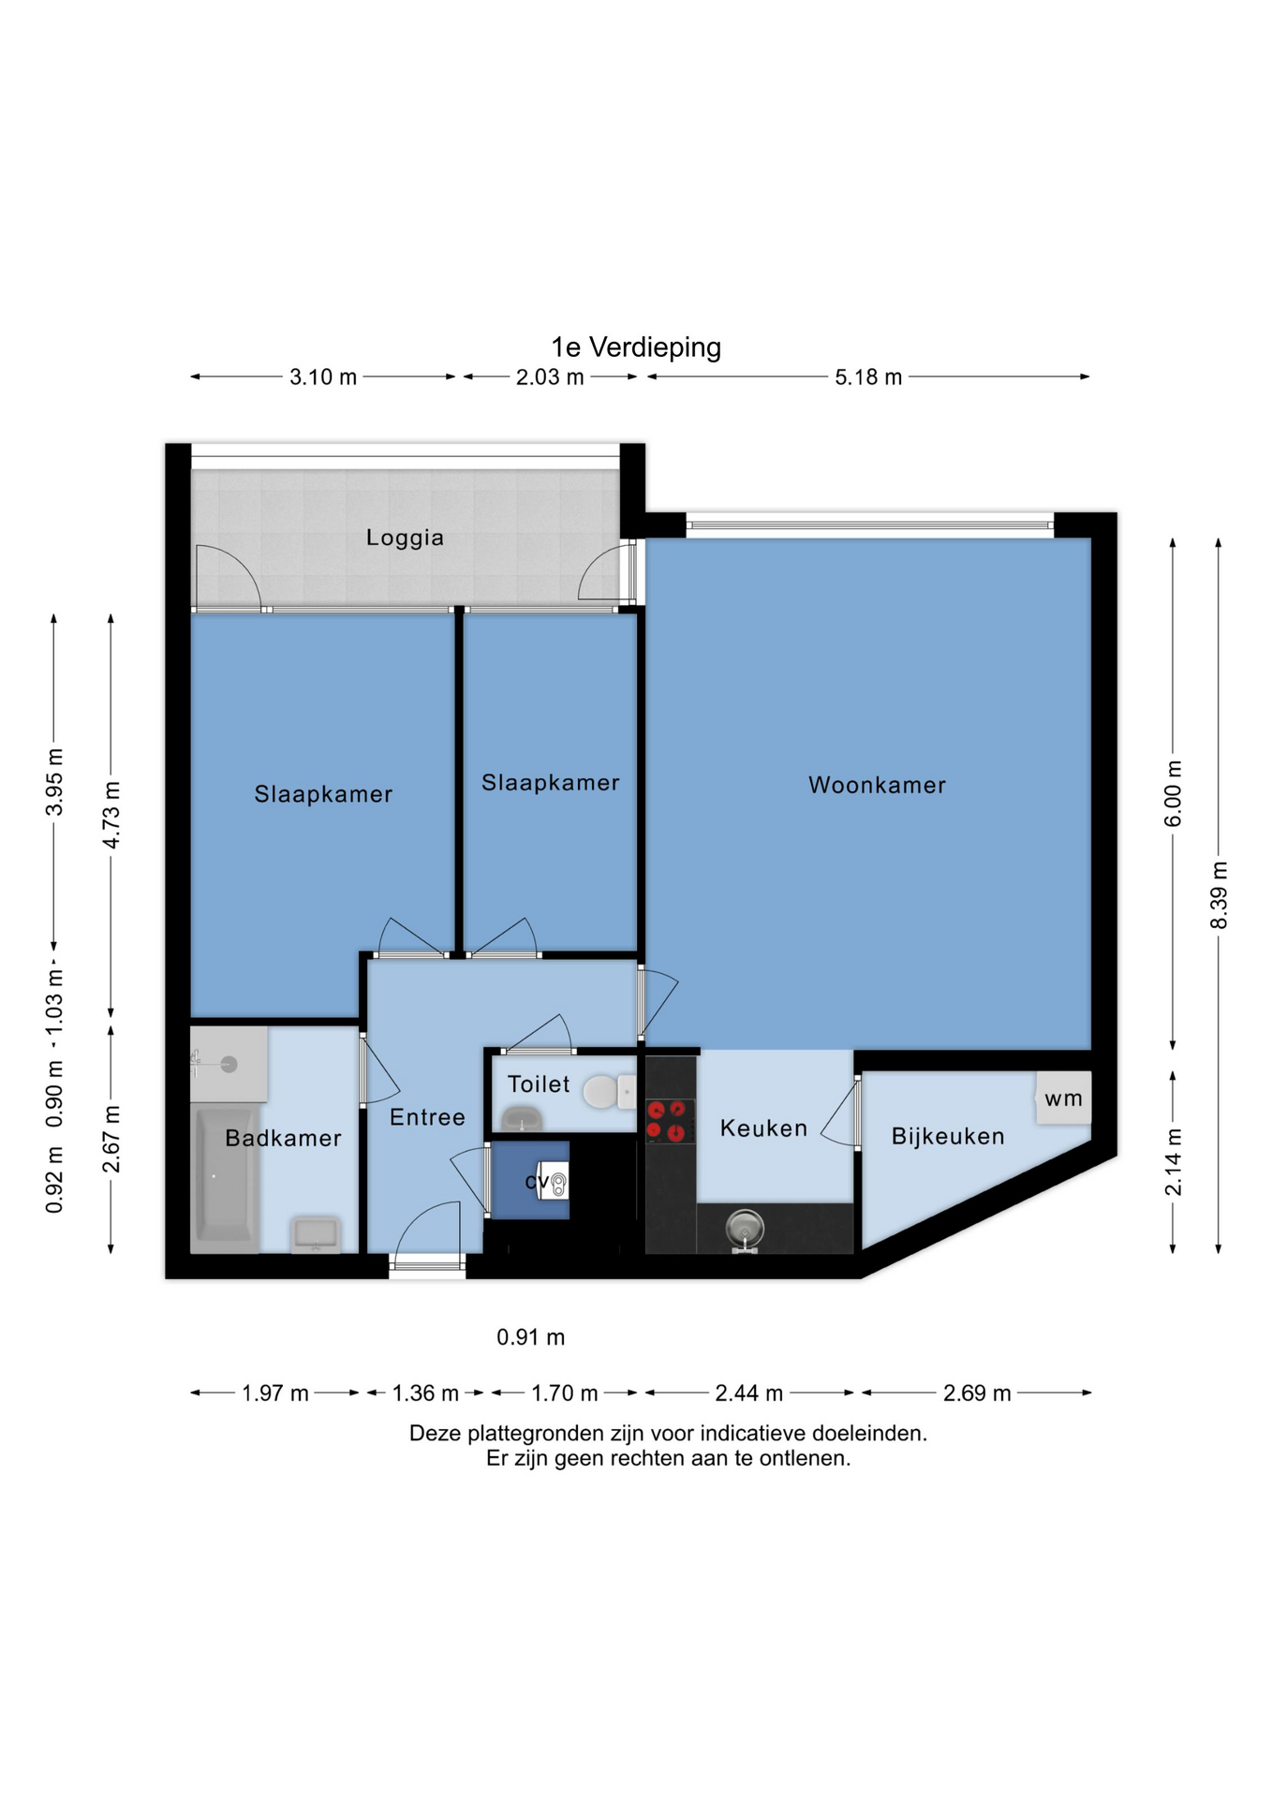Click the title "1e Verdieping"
636,347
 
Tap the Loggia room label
405,538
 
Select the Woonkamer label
877,785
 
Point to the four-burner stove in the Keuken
670,1121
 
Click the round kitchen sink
745,1228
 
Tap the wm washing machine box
1063,1098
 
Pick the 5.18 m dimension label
868,377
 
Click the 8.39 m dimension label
1219,896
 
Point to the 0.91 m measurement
531,1337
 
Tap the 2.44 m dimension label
748,1393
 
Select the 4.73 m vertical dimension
111,815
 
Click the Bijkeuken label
948,1136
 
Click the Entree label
427,1117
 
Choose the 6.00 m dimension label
1173,794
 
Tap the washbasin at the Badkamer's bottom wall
316,1234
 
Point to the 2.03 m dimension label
550,377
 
